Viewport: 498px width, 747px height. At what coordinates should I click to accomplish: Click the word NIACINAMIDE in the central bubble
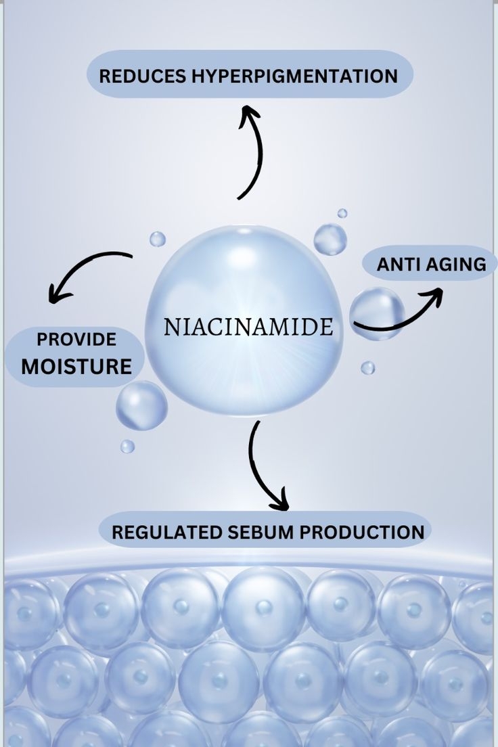[248, 327]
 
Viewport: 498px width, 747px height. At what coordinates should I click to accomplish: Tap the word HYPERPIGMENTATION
[294, 76]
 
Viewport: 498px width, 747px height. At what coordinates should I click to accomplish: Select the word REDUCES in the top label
[143, 76]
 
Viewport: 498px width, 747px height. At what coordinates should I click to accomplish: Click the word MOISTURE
[76, 366]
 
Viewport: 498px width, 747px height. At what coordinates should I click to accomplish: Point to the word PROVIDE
[76, 339]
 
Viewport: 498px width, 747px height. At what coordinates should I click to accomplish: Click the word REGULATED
[167, 532]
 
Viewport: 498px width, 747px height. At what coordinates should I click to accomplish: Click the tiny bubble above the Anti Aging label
[342, 213]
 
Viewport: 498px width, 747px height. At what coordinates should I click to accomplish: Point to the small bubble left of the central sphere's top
[157, 239]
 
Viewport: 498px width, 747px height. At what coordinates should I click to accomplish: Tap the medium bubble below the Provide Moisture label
[141, 405]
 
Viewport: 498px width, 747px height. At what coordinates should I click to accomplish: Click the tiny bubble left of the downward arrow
[127, 447]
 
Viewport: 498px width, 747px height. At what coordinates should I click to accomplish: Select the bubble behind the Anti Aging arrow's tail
[377, 313]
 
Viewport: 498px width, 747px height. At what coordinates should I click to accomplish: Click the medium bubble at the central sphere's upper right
[330, 239]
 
